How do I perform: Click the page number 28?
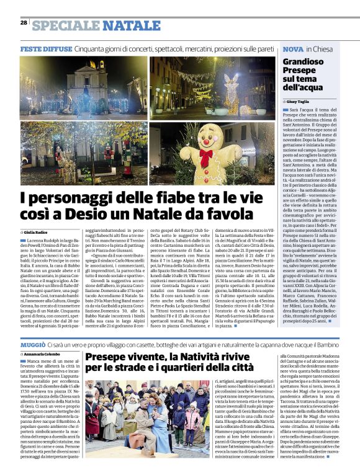point(23,23)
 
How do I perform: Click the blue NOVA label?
point(293,48)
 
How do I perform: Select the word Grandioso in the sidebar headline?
point(303,62)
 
